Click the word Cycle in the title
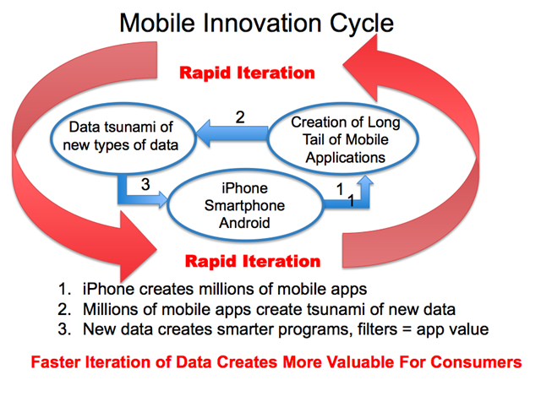(362, 24)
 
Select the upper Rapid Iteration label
(247, 73)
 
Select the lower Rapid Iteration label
(253, 261)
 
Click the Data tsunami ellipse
(123, 138)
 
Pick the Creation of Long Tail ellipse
(343, 138)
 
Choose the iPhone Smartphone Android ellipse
(245, 204)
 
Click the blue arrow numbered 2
(232, 133)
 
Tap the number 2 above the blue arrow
(240, 117)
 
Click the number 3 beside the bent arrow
(145, 184)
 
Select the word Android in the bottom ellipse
(244, 223)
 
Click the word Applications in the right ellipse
(346, 158)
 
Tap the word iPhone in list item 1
(108, 289)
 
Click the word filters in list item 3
(377, 329)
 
